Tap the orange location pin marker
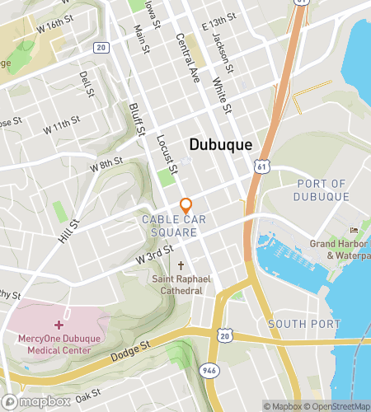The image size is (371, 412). point(186,206)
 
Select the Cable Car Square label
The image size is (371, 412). point(170,226)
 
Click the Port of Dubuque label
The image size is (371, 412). point(322,190)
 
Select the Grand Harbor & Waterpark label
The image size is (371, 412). point(338,249)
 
